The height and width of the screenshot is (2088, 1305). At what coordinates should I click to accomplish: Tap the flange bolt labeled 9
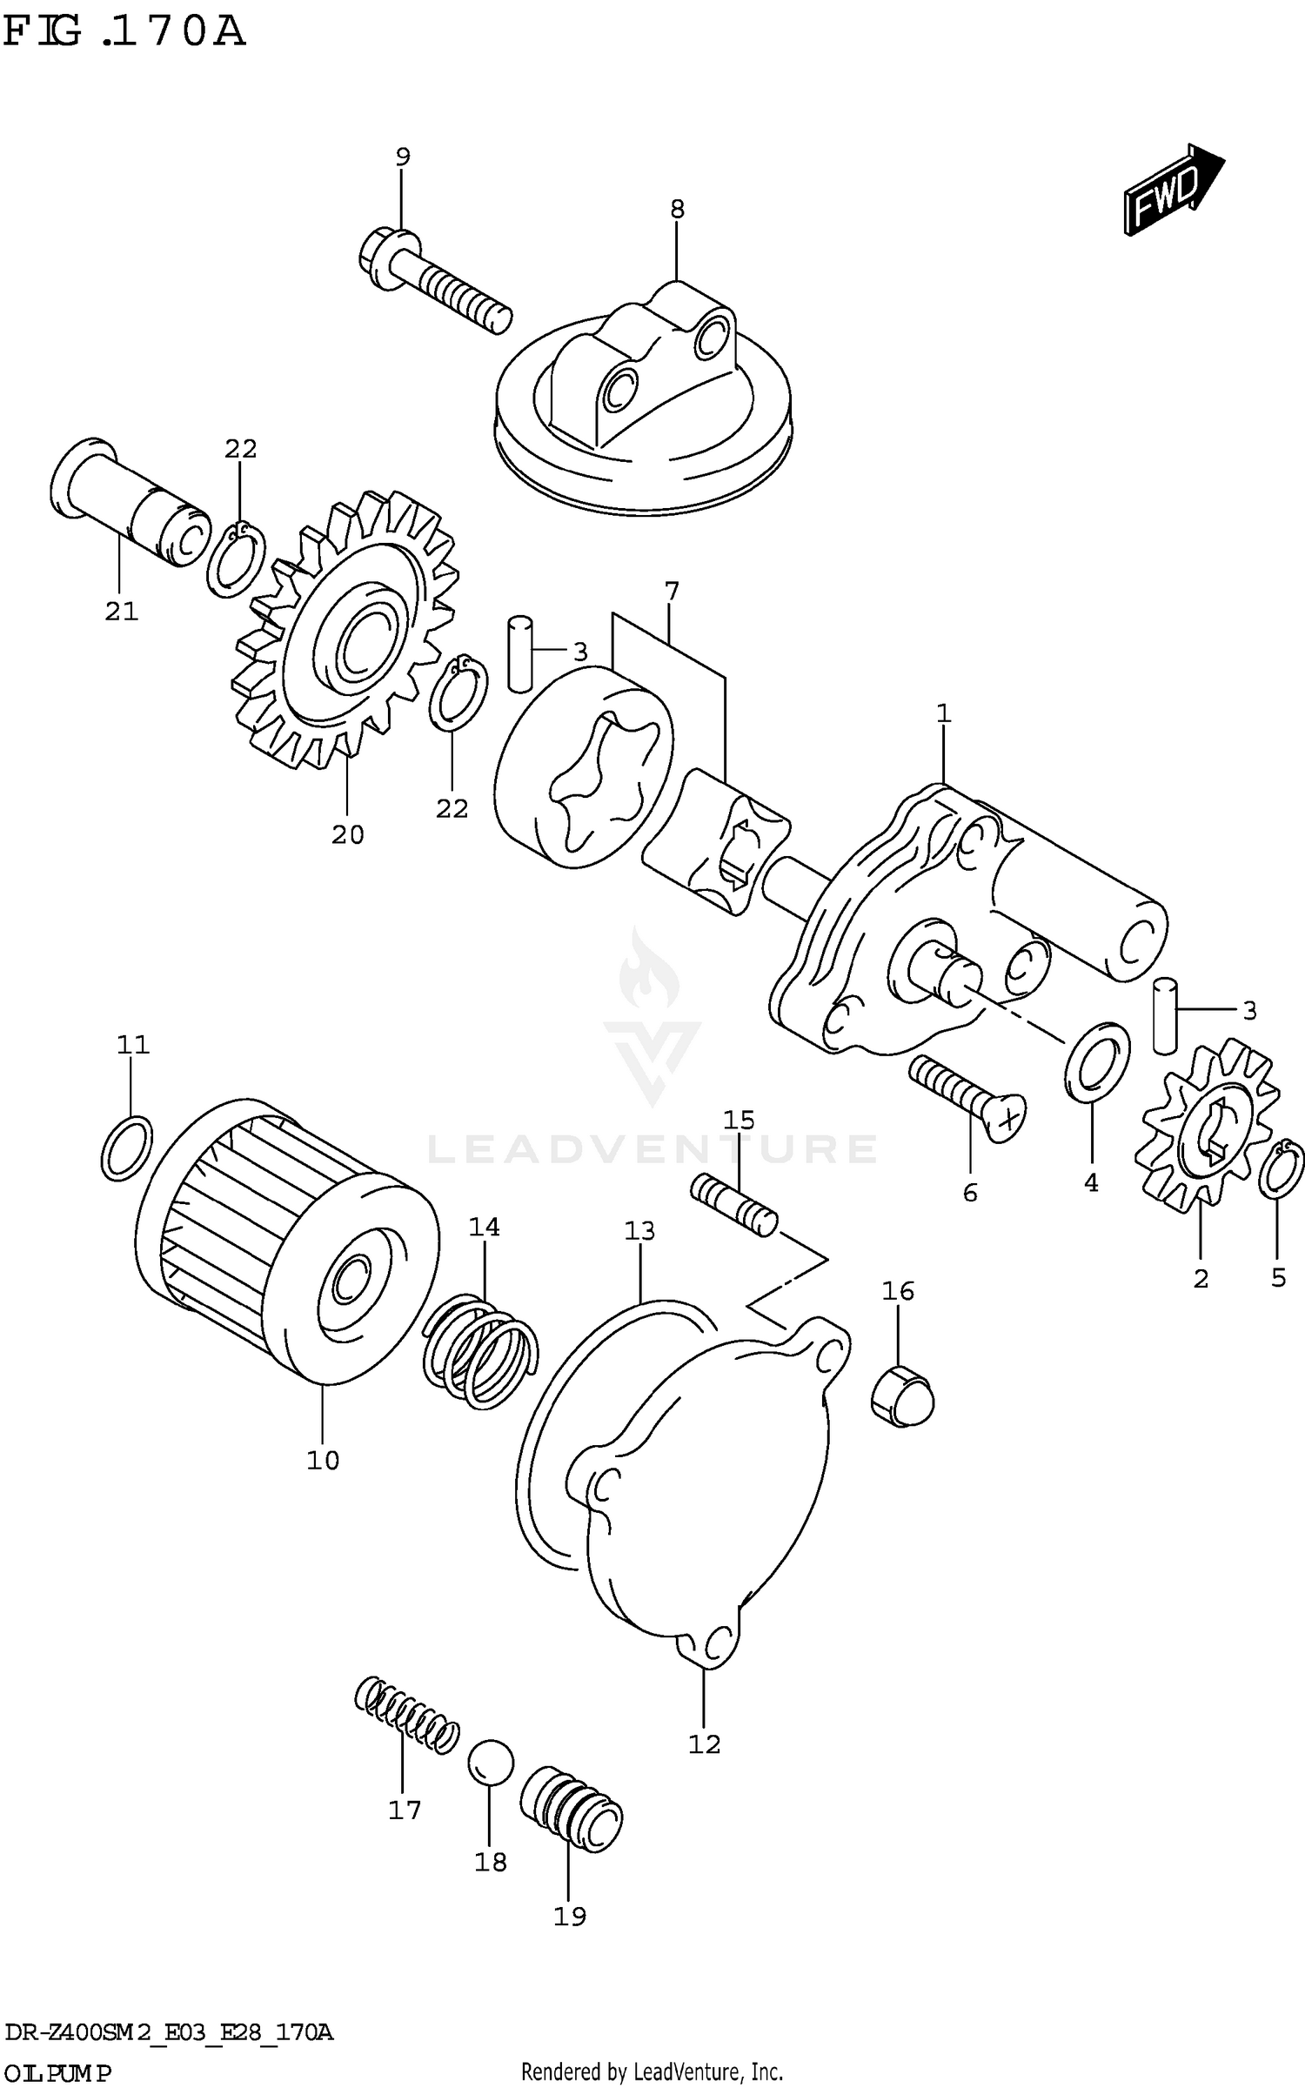(435, 280)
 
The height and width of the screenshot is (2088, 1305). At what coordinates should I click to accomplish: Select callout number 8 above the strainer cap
(677, 210)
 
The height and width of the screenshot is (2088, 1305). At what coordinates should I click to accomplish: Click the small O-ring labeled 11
(127, 1148)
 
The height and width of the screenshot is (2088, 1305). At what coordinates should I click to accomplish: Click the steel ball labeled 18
(491, 1763)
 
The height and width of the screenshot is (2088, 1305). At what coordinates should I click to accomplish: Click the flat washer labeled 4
(1096, 1061)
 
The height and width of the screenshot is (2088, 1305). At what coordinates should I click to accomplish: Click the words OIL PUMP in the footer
(57, 2072)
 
